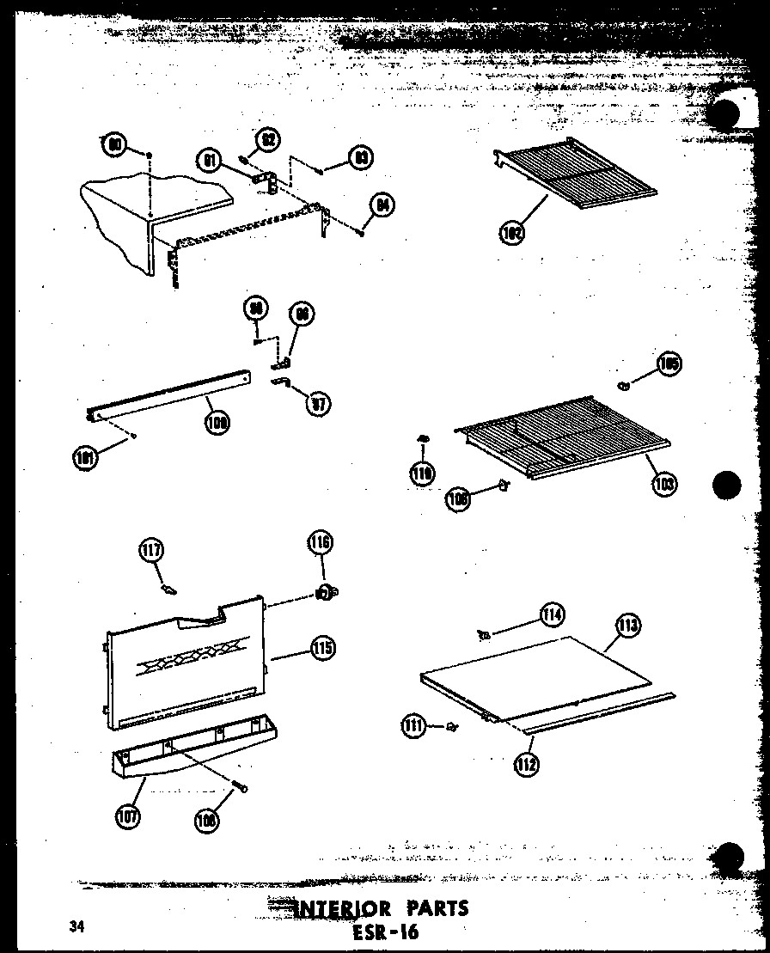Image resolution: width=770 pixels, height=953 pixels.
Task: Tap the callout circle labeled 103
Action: (x=663, y=484)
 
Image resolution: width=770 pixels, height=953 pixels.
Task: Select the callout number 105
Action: (x=669, y=364)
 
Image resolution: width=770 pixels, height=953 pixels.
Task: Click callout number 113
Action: (x=628, y=626)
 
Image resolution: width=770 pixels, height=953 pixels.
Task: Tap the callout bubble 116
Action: (x=321, y=543)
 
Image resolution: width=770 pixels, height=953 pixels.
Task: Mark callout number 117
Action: (x=152, y=550)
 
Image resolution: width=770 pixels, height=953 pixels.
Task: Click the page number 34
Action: (x=78, y=926)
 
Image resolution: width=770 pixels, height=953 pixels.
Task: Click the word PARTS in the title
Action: (x=428, y=908)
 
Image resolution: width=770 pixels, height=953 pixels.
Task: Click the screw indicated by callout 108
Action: (x=242, y=786)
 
